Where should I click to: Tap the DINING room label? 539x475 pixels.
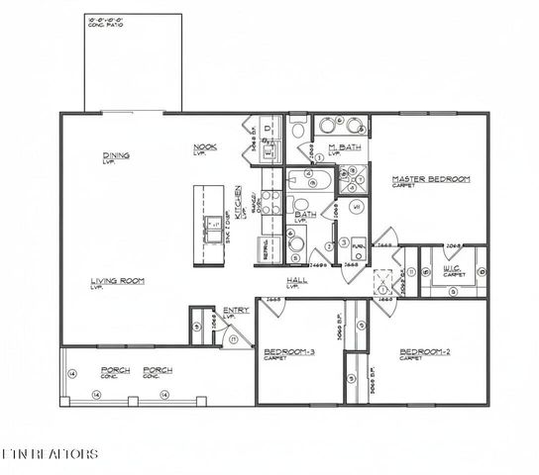click(116, 155)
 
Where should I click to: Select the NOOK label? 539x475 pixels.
click(205, 148)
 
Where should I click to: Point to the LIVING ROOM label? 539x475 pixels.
click(119, 281)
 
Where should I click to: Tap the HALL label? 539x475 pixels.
click(297, 281)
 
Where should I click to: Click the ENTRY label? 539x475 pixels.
click(236, 311)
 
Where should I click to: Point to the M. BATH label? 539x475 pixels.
click(344, 148)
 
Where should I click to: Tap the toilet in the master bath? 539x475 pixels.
click(300, 129)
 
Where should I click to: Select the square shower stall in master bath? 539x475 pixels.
click(352, 179)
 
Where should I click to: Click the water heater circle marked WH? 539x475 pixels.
click(342, 242)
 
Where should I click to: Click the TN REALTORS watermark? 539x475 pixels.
click(50, 454)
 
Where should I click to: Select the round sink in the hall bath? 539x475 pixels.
click(295, 244)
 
